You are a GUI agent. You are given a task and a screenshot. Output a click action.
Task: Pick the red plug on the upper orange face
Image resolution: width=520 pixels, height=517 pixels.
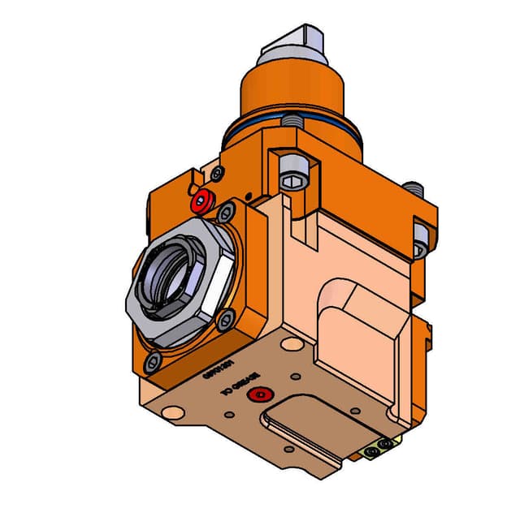tap(201, 199)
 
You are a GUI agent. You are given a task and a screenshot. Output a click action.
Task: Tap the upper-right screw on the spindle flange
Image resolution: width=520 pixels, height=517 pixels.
tap(224, 213)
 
